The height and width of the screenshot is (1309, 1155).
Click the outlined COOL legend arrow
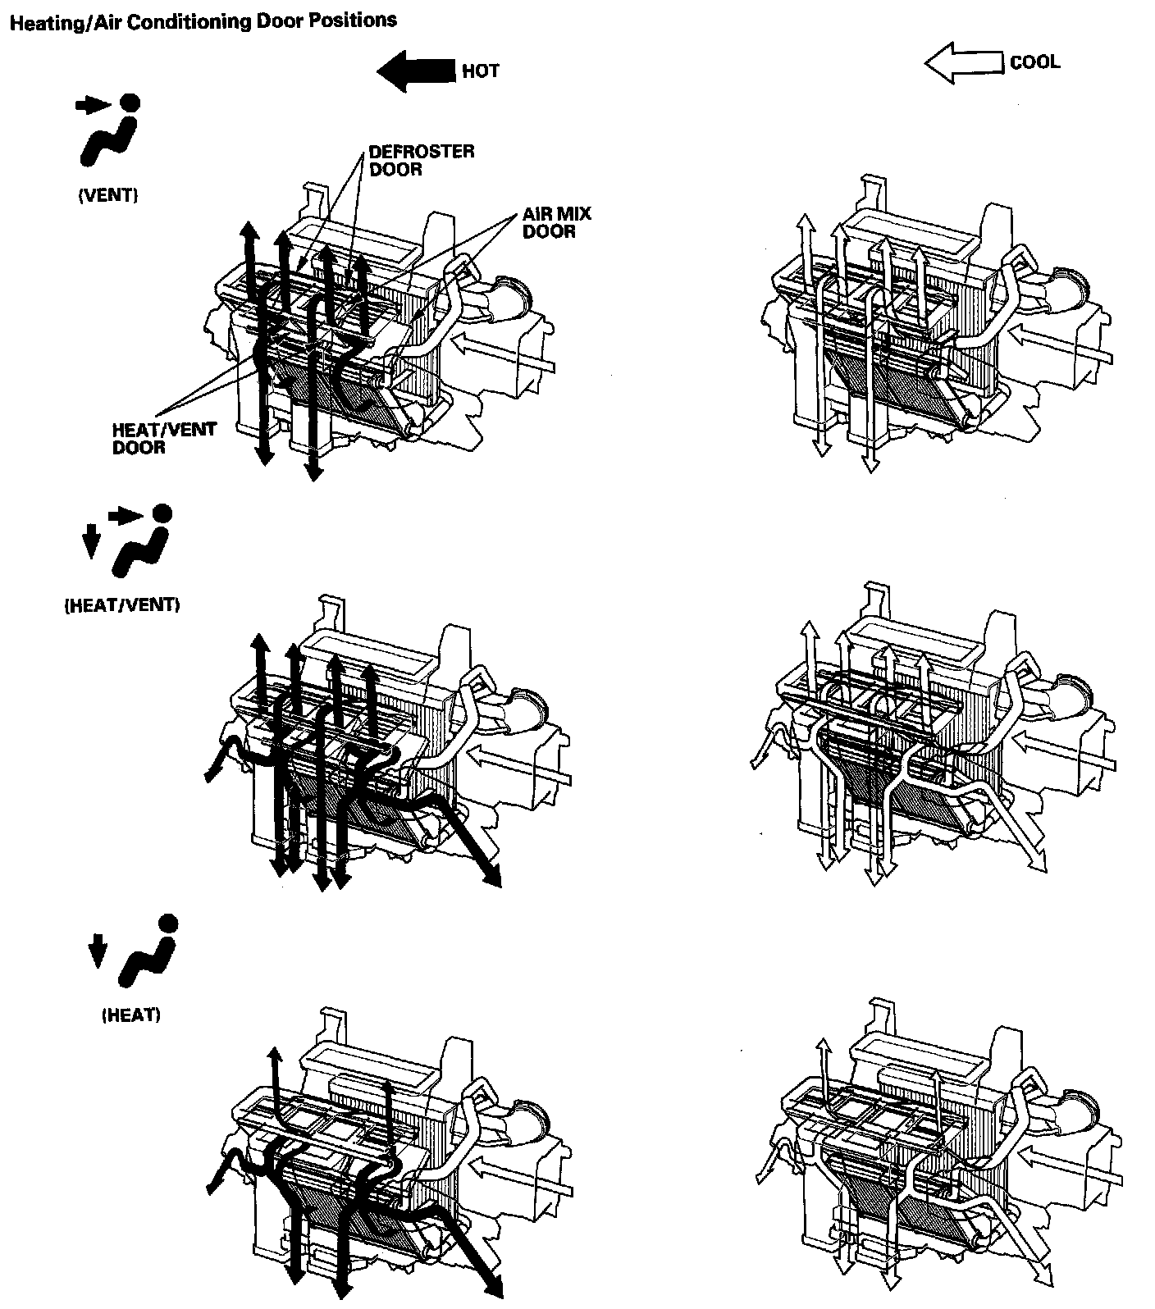964,64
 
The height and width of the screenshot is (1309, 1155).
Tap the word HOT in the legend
480,71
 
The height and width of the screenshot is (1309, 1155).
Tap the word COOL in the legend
1034,62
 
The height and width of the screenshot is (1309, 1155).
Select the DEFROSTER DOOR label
420,161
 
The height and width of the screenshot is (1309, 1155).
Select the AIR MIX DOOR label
556,222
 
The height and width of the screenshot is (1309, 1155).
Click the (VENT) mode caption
108,195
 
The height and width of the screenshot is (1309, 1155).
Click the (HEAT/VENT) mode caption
121,605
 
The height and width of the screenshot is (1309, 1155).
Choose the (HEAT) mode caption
130,1015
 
